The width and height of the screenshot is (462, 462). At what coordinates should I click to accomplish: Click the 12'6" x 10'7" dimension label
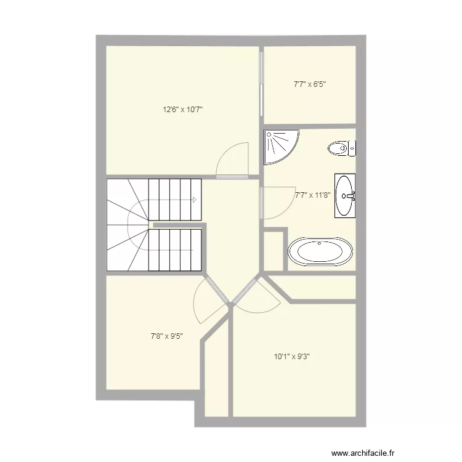pyautogui.click(x=183, y=110)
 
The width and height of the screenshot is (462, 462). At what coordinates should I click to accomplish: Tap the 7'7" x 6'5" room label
pyautogui.click(x=309, y=84)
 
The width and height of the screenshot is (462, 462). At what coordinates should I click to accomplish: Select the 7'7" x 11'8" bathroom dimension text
pyautogui.click(x=313, y=195)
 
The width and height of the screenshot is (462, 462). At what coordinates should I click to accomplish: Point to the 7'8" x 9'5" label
pyautogui.click(x=167, y=336)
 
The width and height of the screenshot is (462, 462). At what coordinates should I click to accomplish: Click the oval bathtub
pyautogui.click(x=321, y=252)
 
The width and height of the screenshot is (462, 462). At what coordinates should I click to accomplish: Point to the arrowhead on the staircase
pyautogui.click(x=194, y=200)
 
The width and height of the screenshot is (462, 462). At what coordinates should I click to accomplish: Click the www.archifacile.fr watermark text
pyautogui.click(x=362, y=452)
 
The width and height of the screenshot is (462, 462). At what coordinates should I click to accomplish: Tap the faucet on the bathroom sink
pyautogui.click(x=351, y=197)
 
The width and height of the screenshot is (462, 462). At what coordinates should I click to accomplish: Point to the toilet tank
pyautogui.click(x=352, y=148)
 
